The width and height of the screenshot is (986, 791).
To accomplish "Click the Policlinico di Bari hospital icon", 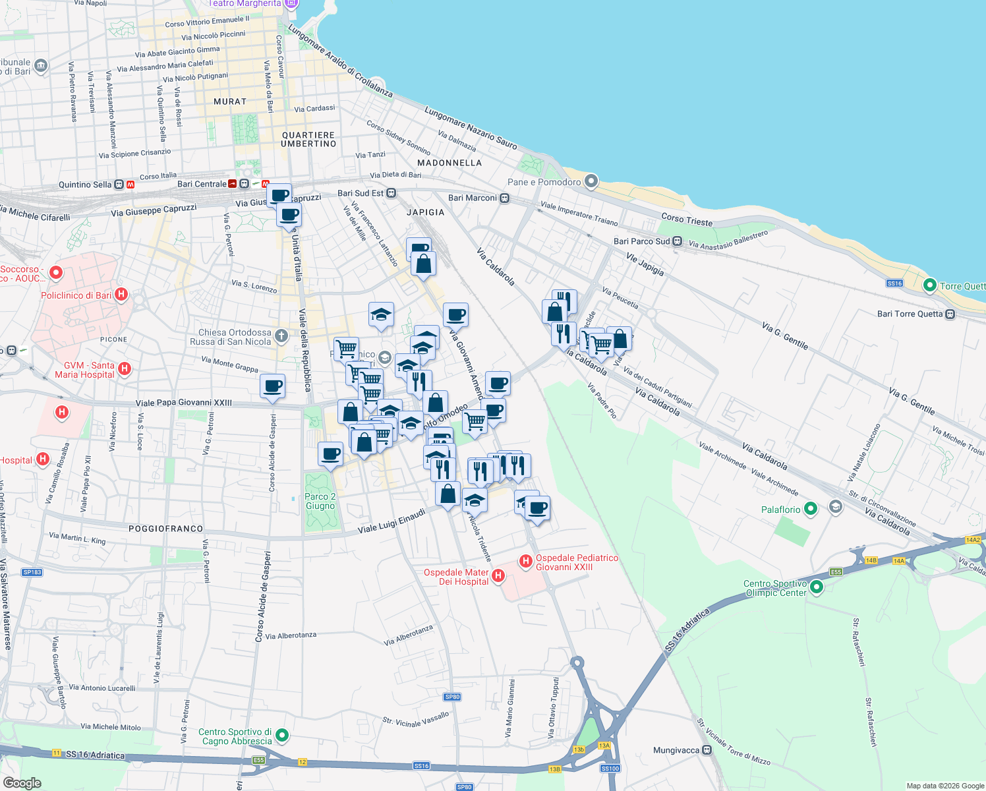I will point(121,295).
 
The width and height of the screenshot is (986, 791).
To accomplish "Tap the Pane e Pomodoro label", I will point(544,182).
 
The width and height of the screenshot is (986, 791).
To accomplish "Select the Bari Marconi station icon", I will point(504,198).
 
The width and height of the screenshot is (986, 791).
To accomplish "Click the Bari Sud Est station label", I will point(360,193).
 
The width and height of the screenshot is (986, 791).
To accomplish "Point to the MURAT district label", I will point(230,102).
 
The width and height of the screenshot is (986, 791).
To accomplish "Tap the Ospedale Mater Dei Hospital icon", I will point(498,576).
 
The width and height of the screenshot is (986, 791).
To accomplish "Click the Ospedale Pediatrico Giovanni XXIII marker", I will point(525,561).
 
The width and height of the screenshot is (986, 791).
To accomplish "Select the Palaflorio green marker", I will point(811,509).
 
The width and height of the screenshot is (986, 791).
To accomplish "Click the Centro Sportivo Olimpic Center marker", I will point(817,587).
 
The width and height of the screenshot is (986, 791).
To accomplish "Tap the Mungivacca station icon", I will point(707,750).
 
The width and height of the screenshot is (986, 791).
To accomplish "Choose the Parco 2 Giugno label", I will point(320,502).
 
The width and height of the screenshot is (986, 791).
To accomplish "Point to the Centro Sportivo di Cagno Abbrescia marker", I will point(282,734).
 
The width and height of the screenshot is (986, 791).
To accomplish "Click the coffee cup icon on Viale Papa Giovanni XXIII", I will point(272,386).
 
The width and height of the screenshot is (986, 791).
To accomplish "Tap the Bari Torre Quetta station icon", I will point(950,314).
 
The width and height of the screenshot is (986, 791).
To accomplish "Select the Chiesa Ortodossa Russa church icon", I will point(281,336).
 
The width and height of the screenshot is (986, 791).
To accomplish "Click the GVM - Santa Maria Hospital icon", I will point(125,369).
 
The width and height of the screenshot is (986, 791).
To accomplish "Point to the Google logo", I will point(22,782).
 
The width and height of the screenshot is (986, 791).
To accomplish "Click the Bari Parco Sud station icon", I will point(677,241).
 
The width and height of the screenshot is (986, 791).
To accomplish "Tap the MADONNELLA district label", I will point(449,163).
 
